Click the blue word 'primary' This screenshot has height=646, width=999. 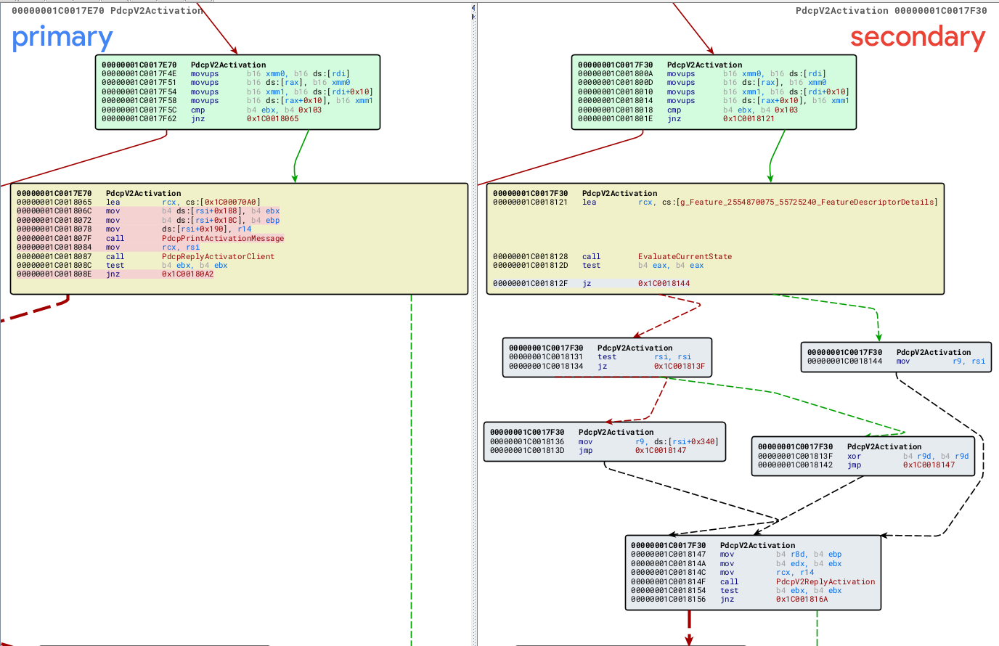pos(62,38)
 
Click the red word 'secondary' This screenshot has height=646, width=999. pos(918,37)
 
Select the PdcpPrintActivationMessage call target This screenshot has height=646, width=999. pos(223,238)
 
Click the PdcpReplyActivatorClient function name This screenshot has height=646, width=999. pos(218,256)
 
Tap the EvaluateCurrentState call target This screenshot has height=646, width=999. pos(685,256)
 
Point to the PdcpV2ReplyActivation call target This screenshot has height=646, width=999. pos(825,581)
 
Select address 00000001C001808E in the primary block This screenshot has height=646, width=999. pos(54,274)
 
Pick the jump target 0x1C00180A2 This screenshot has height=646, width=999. pos(187,274)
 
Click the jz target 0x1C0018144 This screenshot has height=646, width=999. pos(664,283)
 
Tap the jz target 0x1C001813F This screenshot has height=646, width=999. pos(680,366)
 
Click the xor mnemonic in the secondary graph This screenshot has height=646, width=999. pos(854,456)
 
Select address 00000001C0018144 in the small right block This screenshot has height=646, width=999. pos(844,361)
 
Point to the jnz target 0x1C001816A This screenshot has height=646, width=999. pos(802,600)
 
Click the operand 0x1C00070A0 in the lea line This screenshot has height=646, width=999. pos(230,202)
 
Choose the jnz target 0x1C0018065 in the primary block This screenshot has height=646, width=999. pos(272,118)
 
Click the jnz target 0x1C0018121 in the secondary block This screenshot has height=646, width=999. pos(749,118)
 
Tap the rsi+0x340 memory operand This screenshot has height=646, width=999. pos(693,441)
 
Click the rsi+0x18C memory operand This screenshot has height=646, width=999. pos(216,220)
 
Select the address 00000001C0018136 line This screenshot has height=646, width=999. pos(527,441)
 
